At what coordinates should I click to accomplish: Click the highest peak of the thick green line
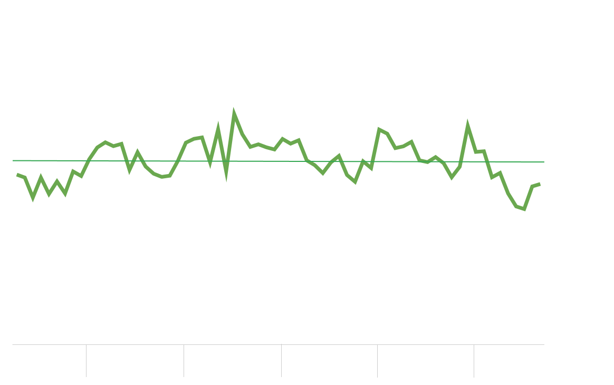[x=234, y=113]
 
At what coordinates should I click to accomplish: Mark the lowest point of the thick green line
[x=524, y=209]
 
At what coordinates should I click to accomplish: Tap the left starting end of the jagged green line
[x=17, y=174]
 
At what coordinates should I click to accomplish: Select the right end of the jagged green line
[x=540, y=184]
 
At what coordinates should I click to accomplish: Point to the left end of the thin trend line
[x=13, y=160]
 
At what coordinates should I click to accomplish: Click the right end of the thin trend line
[x=544, y=162]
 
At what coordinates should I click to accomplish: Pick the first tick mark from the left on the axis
[x=86, y=361]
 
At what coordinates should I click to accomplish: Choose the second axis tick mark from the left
[x=184, y=361]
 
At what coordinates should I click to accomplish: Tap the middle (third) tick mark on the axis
[x=281, y=361]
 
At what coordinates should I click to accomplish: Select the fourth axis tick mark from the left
[x=377, y=361]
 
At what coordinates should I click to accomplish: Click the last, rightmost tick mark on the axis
[x=474, y=361]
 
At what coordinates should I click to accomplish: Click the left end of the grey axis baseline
[x=13, y=344]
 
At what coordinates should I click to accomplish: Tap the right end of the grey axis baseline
[x=544, y=344]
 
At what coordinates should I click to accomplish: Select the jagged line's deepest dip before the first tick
[x=33, y=198]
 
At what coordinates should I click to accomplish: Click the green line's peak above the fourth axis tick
[x=379, y=129]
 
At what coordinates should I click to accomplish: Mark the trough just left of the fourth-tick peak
[x=355, y=182]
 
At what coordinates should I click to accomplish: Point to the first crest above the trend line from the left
[x=105, y=142]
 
